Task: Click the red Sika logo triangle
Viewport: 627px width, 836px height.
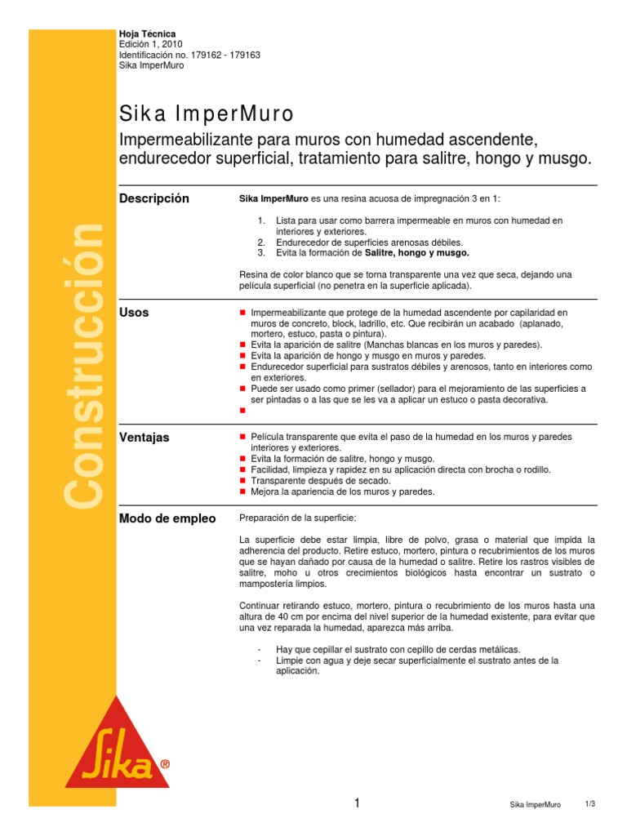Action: [x=117, y=743]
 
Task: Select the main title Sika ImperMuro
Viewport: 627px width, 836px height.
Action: [x=206, y=112]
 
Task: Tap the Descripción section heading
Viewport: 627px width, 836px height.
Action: [x=153, y=198]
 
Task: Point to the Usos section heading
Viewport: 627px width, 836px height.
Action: [x=134, y=313]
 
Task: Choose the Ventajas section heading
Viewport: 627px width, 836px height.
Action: [x=144, y=438]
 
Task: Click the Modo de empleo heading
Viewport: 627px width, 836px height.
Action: [x=167, y=518]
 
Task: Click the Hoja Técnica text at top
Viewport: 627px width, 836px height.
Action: [x=147, y=33]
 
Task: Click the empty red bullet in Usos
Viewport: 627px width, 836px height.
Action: [x=242, y=411]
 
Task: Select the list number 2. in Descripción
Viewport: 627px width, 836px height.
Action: [x=260, y=242]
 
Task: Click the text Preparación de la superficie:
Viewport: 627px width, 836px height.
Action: [x=297, y=518]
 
